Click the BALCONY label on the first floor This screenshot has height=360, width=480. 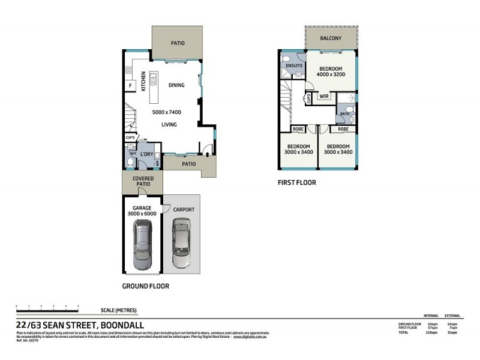click(331, 39)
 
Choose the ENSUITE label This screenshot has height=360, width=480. click(294, 66)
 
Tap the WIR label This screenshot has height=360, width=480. click(324, 96)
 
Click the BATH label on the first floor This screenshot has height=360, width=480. click(344, 113)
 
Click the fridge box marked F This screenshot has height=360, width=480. click(129, 86)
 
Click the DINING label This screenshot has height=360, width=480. click(176, 85)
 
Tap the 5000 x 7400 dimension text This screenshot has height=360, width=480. click(167, 112)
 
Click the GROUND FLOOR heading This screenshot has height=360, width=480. click(145, 286)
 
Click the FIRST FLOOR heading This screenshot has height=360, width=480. click(296, 182)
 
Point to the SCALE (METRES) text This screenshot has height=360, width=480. click(119, 310)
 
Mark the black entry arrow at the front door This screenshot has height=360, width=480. click(208, 154)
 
